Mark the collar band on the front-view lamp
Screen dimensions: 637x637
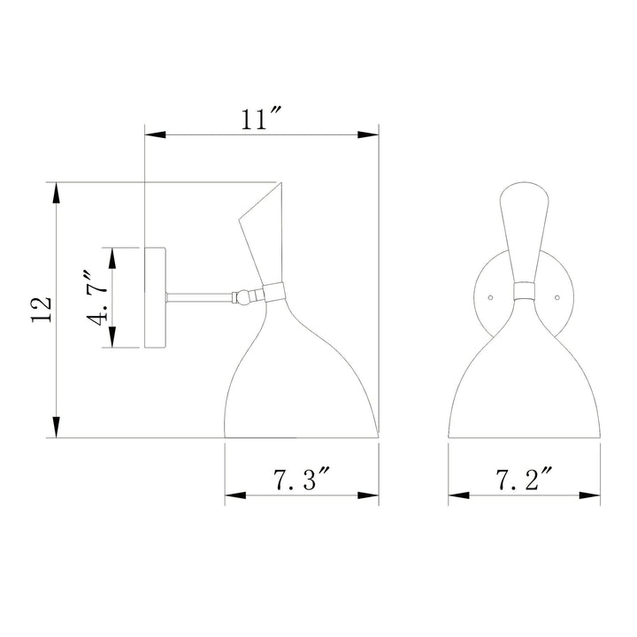pyautogui.click(x=524, y=293)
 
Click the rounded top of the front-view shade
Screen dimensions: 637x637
pyautogui.click(x=524, y=188)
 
